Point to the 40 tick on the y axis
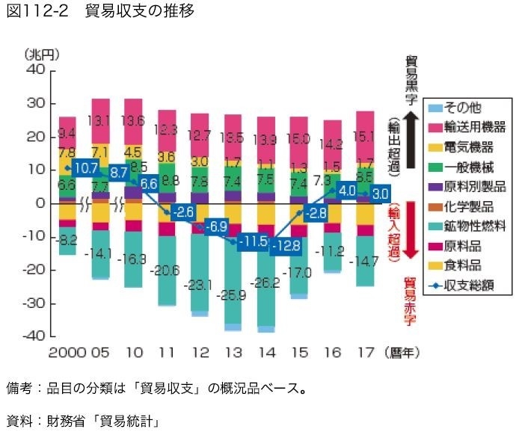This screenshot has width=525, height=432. click(36, 70)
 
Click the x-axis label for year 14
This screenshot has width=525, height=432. click(265, 352)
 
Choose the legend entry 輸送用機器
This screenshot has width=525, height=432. click(475, 126)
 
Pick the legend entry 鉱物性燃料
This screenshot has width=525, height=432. click(475, 225)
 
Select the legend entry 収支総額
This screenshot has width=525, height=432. click(475, 285)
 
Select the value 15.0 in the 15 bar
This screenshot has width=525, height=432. click(299, 139)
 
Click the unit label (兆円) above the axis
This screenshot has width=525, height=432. click(42, 54)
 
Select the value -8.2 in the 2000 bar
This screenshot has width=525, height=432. click(68, 240)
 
